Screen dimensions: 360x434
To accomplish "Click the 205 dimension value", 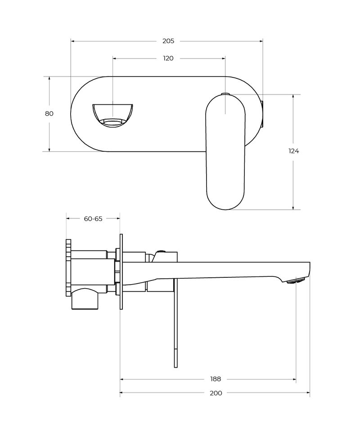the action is (168, 41).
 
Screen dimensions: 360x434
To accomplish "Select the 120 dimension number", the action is (168, 58).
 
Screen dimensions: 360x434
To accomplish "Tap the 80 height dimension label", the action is (49, 113).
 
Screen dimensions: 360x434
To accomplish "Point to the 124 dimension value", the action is (293, 151).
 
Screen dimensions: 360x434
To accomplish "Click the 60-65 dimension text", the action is (93, 219).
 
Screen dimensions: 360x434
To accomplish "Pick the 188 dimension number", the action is (216, 379).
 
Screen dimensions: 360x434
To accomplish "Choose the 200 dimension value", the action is (216, 393).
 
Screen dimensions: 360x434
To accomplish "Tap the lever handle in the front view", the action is (225, 152).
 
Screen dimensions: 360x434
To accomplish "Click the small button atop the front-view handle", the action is (226, 94).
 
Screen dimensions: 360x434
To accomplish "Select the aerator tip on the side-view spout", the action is (296, 281).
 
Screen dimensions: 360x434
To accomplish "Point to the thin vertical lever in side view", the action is (175, 323).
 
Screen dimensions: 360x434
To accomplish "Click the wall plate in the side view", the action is (121, 271).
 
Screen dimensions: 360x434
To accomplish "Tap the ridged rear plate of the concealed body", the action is (68, 268).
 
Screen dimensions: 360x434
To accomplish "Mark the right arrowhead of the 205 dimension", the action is (261, 41).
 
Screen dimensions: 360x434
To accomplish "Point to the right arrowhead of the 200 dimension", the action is (307, 393).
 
